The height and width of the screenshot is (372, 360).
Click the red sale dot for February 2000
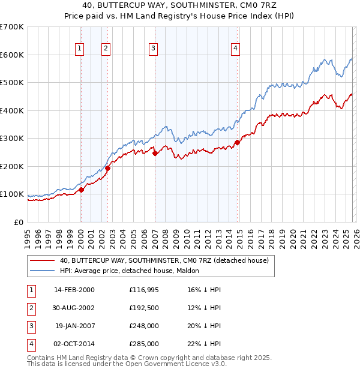click(81, 190)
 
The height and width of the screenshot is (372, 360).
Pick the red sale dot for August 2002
click(108, 169)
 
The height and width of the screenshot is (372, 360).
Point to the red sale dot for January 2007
click(155, 153)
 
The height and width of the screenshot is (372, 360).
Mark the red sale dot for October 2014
click(237, 143)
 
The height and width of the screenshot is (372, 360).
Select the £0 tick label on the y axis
click(18, 222)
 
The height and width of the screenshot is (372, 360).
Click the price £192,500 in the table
click(143, 308)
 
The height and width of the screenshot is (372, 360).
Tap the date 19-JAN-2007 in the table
click(74, 326)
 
